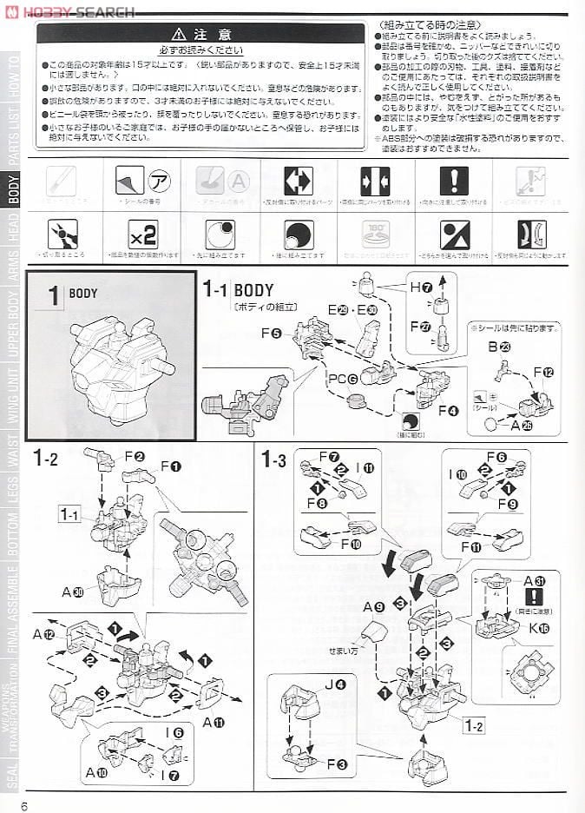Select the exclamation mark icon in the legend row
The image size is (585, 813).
click(453, 181)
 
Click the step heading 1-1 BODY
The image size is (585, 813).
click(238, 290)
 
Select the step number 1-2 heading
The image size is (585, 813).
click(45, 458)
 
